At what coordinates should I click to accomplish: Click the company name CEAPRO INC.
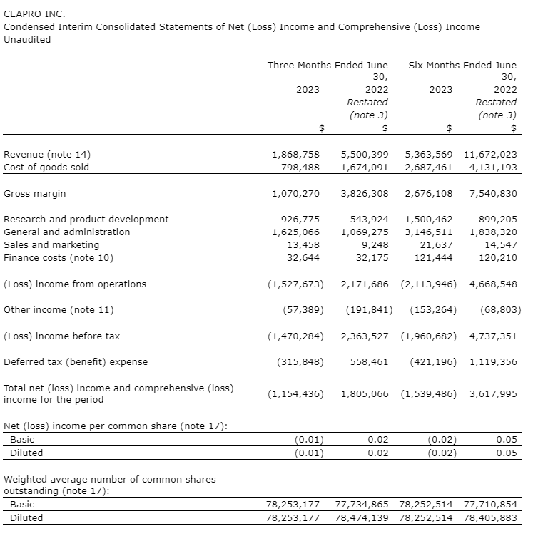click(34, 14)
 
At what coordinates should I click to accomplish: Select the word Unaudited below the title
click(27, 40)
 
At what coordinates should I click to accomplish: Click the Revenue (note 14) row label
click(47, 154)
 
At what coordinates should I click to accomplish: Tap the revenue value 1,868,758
click(295, 154)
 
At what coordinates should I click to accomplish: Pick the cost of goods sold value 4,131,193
click(493, 167)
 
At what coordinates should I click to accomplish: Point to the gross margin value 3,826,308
click(365, 193)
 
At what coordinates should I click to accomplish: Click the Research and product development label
click(86, 219)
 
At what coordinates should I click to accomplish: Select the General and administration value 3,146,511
click(428, 232)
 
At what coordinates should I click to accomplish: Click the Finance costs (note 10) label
click(59, 257)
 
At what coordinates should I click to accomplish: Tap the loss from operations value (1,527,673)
click(295, 284)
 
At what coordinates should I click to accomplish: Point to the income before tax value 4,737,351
click(493, 336)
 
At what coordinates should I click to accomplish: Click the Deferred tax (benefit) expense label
click(76, 361)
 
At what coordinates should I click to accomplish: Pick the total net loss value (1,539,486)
click(429, 393)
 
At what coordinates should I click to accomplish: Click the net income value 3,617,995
click(493, 393)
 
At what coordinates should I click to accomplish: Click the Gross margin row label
click(35, 193)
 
